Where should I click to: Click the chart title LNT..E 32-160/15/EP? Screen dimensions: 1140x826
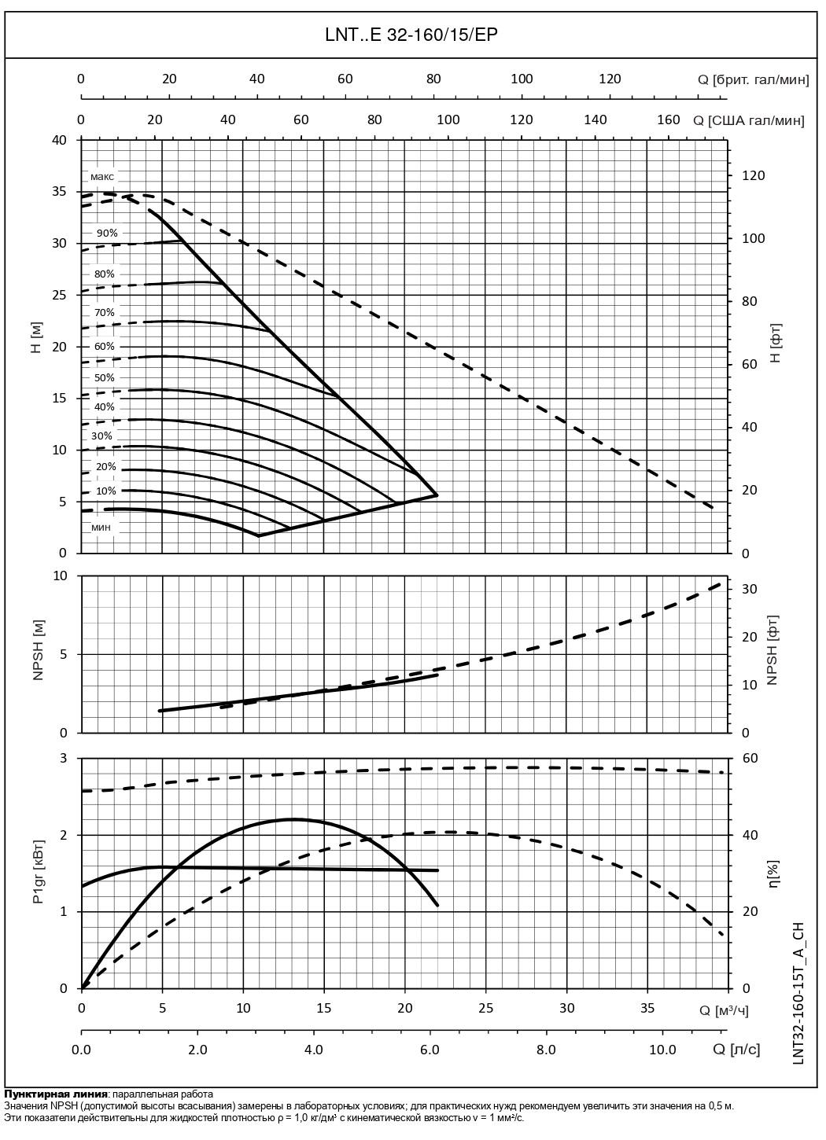412,35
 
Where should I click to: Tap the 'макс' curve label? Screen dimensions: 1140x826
102,176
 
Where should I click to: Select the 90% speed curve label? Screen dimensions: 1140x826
107,233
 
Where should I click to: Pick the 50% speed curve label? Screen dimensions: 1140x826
105,377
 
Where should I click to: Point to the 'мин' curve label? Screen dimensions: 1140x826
101,527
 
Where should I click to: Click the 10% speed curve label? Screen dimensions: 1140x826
106,491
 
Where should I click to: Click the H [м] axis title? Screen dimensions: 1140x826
36,337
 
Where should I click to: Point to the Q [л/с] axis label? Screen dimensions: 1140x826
736,1050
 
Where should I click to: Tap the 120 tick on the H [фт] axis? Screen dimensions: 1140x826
753,175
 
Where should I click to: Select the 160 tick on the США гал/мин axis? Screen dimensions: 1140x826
668,120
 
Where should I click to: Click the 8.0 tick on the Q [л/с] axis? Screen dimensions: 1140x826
545,1050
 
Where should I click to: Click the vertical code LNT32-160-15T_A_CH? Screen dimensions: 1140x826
798,993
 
